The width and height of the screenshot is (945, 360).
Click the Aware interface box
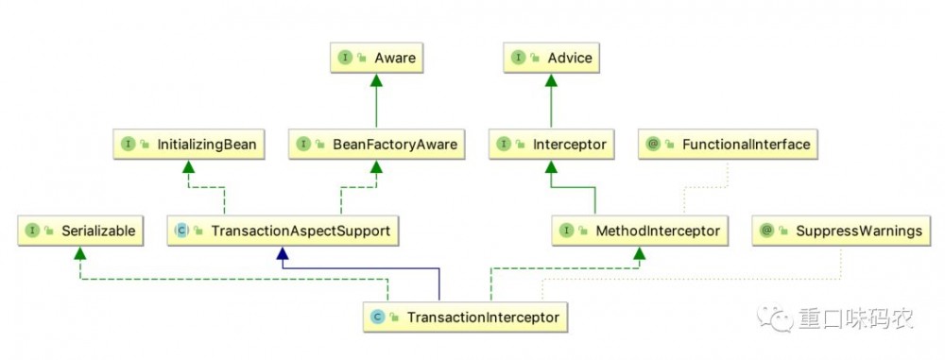[x=376, y=58]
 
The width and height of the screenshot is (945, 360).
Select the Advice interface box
[x=551, y=58]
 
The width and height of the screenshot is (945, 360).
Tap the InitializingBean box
[x=189, y=145]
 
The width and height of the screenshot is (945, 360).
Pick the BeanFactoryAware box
[x=377, y=145]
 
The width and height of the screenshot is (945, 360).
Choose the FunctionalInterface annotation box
[x=728, y=145]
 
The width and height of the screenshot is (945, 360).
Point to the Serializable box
[x=80, y=231]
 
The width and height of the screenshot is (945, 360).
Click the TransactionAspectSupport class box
[x=283, y=231]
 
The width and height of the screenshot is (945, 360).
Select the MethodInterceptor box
[x=640, y=231]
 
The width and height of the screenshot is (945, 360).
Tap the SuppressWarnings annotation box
[x=841, y=231]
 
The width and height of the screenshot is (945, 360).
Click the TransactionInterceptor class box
[x=465, y=317]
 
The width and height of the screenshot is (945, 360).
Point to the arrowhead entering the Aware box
[x=377, y=79]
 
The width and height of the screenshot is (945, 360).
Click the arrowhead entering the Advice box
[x=551, y=79]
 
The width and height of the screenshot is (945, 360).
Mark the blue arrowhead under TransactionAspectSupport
[x=283, y=252]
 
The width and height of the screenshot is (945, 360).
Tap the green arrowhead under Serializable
[x=80, y=252]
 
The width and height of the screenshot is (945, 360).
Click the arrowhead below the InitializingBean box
[x=189, y=166]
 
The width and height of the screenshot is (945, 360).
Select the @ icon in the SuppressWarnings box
[x=766, y=231]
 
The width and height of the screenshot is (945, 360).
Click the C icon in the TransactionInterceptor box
[x=377, y=317]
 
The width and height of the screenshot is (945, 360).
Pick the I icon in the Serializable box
[x=32, y=231]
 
